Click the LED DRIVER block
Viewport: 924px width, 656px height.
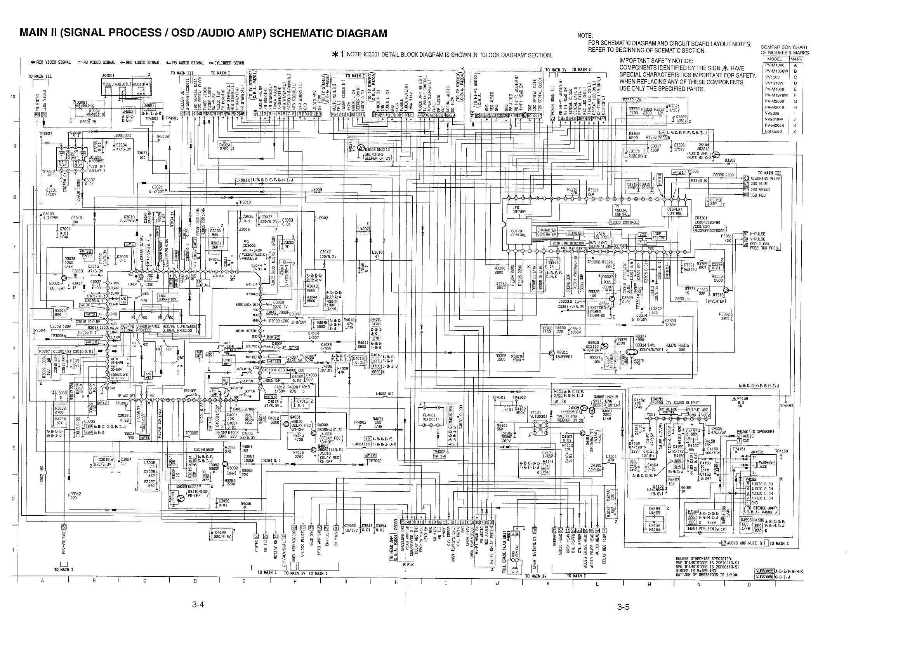pyautogui.click(x=519, y=209)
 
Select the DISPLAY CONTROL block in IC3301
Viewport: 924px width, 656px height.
pyautogui.click(x=674, y=211)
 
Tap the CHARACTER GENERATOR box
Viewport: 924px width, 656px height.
pyautogui.click(x=547, y=232)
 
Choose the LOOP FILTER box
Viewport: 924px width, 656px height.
pyautogui.click(x=658, y=236)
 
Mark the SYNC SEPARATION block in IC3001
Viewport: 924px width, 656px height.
pyautogui.click(x=167, y=297)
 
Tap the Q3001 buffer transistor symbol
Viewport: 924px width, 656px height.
pyautogui.click(x=64, y=278)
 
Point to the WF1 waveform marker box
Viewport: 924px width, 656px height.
pyautogui.click(x=130, y=244)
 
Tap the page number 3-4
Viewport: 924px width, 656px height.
pyautogui.click(x=198, y=605)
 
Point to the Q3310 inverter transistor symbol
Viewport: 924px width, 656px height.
pyautogui.click(x=726, y=290)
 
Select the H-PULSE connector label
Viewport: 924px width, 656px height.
pyautogui.click(x=757, y=234)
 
